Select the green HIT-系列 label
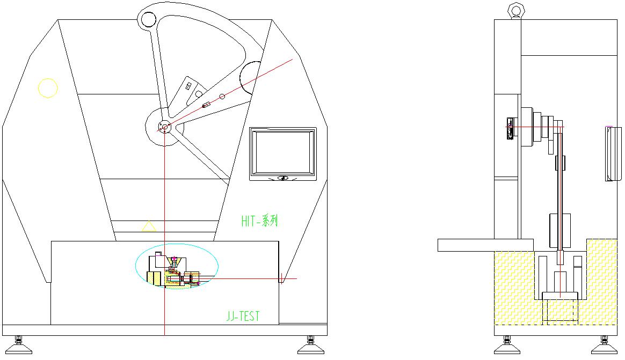click(259, 221)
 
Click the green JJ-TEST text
click(243, 316)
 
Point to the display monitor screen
click(282, 153)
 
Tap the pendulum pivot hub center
click(164, 128)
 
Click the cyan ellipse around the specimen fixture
click(136, 266)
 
